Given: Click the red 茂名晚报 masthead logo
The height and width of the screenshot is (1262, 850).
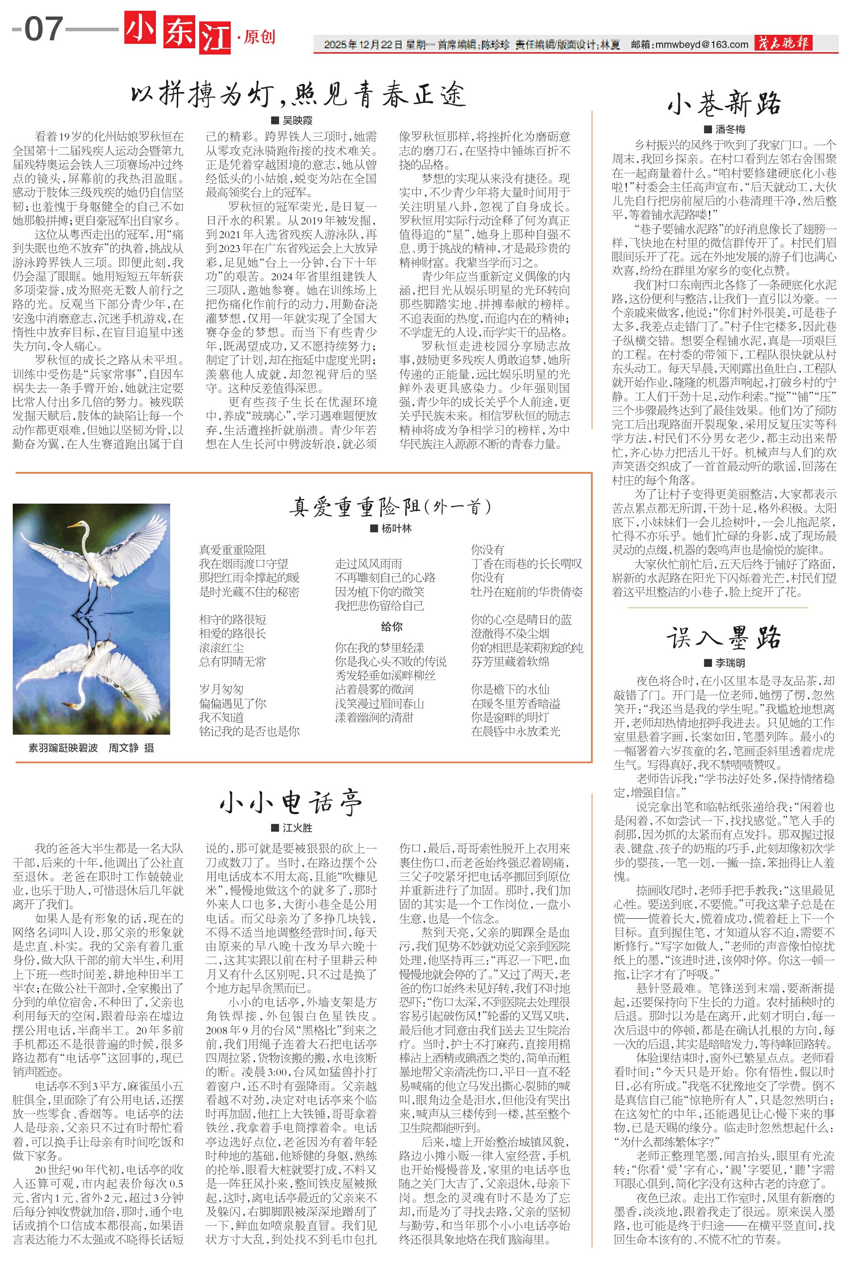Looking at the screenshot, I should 783,43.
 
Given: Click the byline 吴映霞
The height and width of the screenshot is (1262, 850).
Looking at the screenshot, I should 297,120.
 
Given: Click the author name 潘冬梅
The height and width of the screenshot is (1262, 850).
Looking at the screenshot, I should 730,129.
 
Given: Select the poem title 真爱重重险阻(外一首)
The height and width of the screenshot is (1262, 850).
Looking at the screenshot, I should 390,506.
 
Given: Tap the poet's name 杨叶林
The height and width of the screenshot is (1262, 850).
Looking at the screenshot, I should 396,528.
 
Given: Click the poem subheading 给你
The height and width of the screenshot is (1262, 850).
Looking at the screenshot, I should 391,627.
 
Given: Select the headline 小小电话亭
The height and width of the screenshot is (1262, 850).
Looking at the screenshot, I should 291,803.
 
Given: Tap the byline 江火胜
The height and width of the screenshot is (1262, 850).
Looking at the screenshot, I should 297,828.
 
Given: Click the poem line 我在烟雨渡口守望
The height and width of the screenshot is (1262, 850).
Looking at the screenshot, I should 243,564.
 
